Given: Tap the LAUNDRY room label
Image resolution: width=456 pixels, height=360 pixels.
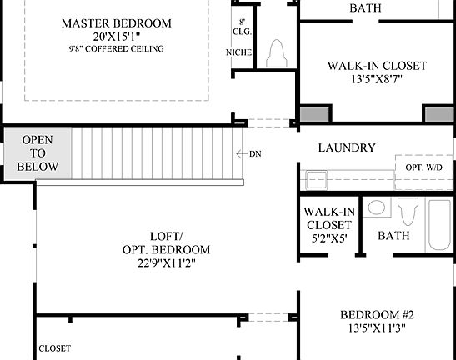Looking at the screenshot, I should click(x=347, y=147).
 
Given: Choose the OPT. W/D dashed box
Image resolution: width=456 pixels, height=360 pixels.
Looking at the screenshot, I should click(x=424, y=167).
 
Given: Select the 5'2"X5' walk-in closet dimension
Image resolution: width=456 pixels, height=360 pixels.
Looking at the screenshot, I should click(x=327, y=237).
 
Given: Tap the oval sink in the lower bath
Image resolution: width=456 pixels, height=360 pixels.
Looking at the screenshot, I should click(x=377, y=208).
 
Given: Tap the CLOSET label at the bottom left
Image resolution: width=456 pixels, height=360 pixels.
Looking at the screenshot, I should click(x=54, y=347).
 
